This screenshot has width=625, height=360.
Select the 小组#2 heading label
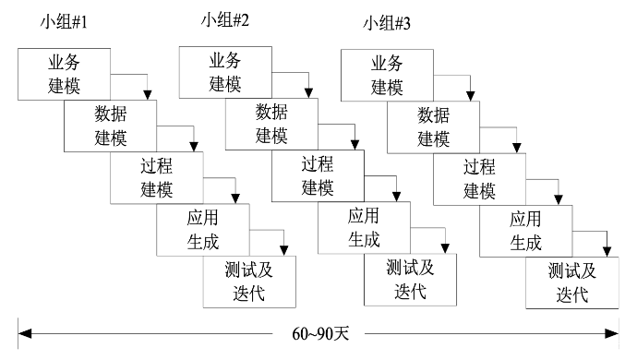[x=227, y=18]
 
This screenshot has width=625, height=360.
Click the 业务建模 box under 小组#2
[x=224, y=73]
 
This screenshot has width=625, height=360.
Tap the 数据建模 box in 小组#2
[x=270, y=124]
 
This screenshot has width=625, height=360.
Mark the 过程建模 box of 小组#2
[x=318, y=174]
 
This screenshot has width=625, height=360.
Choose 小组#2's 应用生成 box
[x=364, y=225]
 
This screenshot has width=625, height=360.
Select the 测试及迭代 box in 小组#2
[x=409, y=277]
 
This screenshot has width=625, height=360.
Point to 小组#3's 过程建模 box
[x=479, y=177]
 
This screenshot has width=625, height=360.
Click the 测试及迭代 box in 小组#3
[x=571, y=282]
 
